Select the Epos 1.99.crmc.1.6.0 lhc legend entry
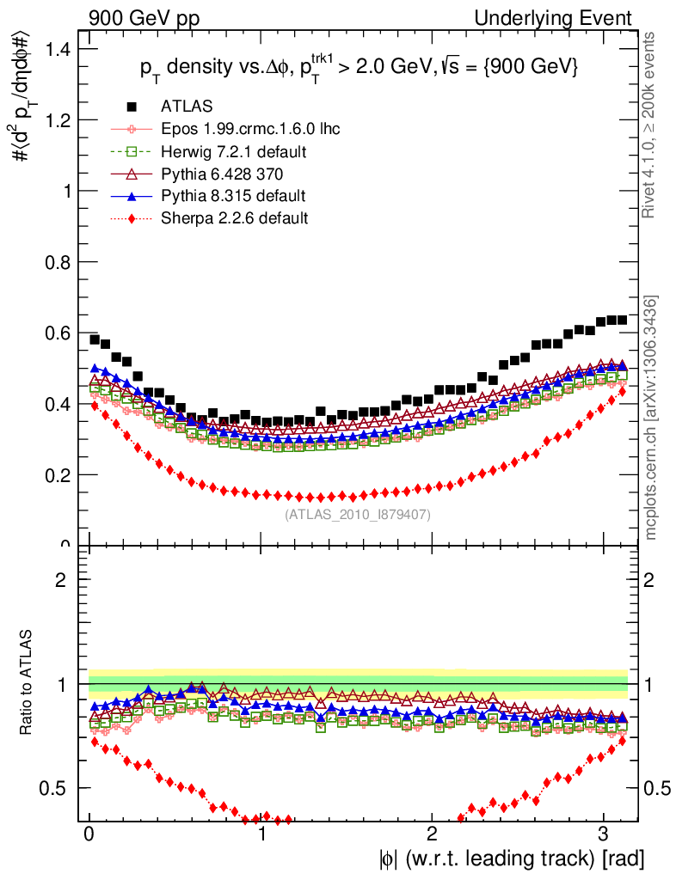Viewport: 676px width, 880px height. click(250, 129)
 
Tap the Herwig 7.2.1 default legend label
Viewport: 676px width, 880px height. click(234, 151)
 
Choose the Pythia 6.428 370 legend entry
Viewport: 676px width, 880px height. click(223, 174)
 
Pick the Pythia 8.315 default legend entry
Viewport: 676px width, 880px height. click(233, 196)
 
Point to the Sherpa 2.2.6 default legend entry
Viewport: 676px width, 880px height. click(234, 218)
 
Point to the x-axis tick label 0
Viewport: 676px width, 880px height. click(89, 835)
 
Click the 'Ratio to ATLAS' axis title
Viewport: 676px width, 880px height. click(27, 684)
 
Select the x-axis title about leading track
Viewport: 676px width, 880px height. click(511, 858)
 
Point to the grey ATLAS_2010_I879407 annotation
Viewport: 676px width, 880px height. click(358, 515)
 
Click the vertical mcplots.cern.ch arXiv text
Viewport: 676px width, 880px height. click(653, 418)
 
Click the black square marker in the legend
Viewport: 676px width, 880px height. click(132, 107)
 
